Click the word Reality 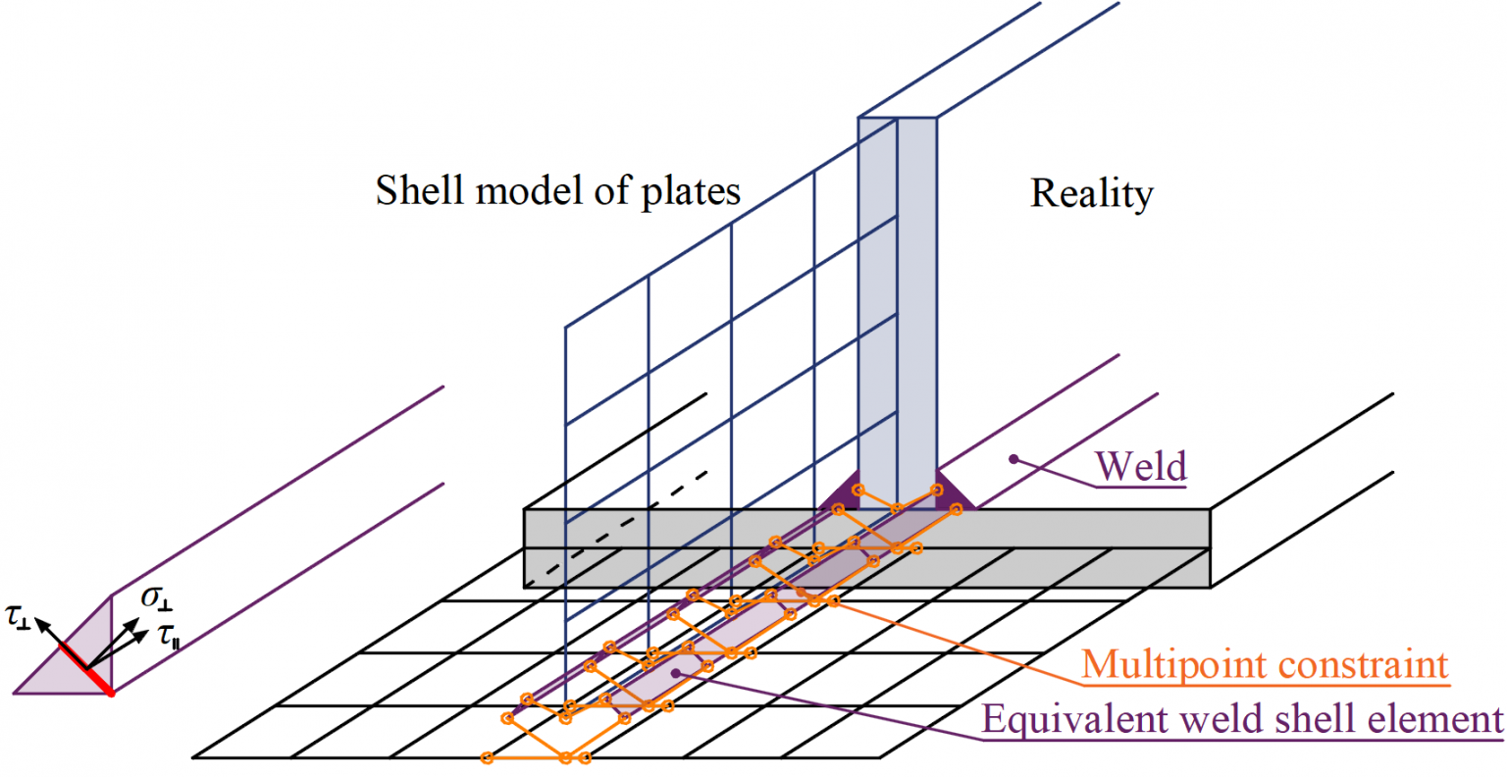pos(1091,193)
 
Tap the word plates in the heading pos(691,189)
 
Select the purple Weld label pos(1141,466)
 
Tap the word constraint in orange pos(1355,665)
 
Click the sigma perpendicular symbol pos(157,596)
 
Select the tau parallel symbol pos(169,637)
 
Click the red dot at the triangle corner pos(111,693)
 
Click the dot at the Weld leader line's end pos(1015,458)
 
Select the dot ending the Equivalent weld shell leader pos(676,673)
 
